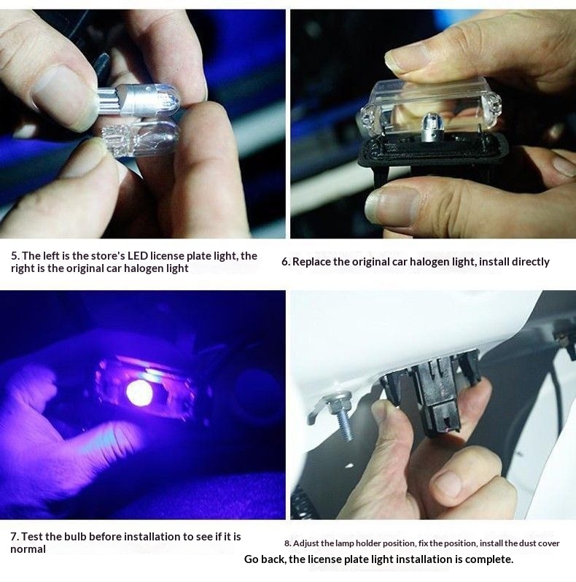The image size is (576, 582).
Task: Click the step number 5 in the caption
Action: coord(15,256)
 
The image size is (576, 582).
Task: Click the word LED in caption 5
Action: coord(138,256)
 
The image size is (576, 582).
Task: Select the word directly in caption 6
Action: coord(530,262)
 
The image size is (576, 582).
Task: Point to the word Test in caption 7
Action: coord(32,536)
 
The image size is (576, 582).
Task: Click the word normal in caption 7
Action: coord(28,549)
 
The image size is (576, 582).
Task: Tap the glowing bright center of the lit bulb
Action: coord(139,392)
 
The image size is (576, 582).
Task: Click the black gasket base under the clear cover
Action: coord(435,156)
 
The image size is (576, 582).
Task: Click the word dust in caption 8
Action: coord(526,543)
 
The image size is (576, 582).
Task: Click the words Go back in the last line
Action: coord(264,559)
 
